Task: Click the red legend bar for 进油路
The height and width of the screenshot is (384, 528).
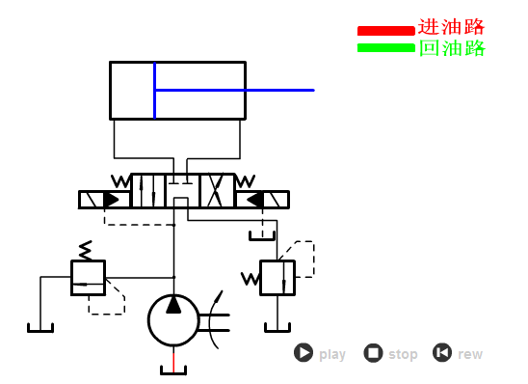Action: [385, 30]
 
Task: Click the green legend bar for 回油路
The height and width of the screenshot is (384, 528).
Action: [385, 47]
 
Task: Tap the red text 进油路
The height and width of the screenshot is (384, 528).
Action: [451, 27]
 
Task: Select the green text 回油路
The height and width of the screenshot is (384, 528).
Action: [451, 48]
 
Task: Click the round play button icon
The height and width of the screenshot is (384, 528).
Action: [304, 353]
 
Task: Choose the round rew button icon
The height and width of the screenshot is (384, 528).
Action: [442, 353]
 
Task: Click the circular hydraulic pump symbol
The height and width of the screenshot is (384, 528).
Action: [173, 319]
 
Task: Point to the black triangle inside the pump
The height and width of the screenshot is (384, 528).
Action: [173, 305]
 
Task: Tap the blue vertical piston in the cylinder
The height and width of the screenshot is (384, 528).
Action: [154, 90]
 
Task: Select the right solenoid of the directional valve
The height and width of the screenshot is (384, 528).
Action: [262, 200]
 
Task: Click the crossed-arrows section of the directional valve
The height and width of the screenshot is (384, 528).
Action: [217, 190]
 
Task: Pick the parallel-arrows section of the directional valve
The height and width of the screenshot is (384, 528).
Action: [147, 190]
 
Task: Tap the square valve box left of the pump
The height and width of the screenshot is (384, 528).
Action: [88, 277]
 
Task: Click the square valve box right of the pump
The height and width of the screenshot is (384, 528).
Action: [277, 277]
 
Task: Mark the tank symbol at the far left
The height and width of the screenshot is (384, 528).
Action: [40, 326]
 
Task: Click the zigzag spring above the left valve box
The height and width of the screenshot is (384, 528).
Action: [86, 250]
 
